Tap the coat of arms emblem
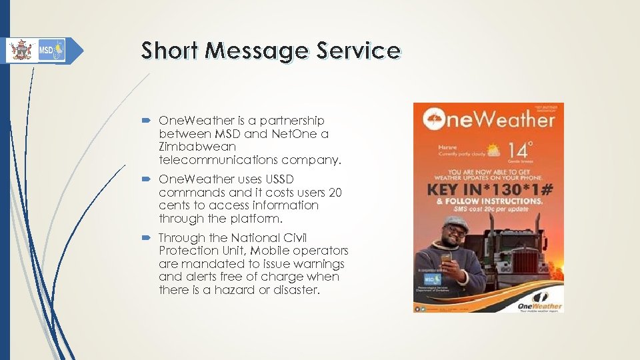tap(21, 50)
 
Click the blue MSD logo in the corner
tap(51, 50)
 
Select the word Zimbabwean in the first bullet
tap(197, 147)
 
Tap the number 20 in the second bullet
tap(335, 193)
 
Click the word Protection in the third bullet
tap(189, 251)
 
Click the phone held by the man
tap(445, 256)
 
